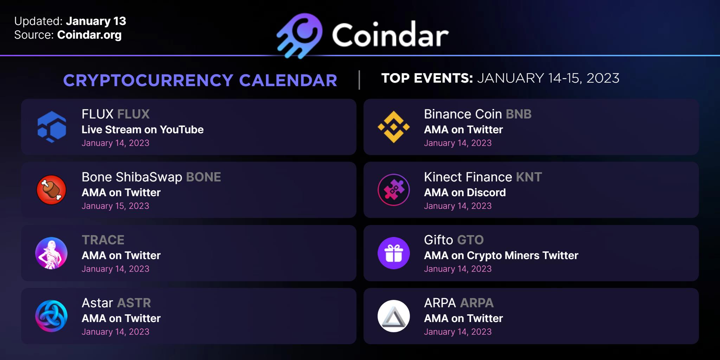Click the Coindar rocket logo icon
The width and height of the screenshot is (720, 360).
click(x=300, y=36)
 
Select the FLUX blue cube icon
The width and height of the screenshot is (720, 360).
click(x=52, y=127)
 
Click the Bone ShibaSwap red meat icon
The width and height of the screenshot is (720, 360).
click(x=51, y=190)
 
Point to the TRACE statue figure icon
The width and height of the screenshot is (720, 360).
click(x=51, y=253)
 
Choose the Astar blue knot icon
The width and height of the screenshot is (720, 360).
click(x=51, y=316)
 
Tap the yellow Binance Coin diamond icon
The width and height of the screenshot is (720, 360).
click(x=394, y=127)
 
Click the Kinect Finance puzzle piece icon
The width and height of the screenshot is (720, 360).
click(x=394, y=190)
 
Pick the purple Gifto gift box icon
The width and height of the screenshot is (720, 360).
click(x=394, y=253)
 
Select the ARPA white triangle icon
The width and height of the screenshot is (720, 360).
click(x=394, y=316)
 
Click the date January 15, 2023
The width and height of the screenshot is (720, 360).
click(x=115, y=206)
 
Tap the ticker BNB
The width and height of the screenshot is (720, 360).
click(x=519, y=114)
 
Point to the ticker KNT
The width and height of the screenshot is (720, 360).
click(x=529, y=177)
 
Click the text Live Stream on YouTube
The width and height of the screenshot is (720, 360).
click(x=142, y=130)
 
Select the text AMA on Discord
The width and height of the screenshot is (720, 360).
click(x=465, y=193)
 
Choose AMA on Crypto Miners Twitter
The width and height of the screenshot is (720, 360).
click(x=501, y=256)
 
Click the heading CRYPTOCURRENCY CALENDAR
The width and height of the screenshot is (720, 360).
click(x=200, y=81)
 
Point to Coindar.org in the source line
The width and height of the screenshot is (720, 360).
click(x=89, y=35)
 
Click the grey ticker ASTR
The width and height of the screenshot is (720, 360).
click(x=134, y=303)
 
